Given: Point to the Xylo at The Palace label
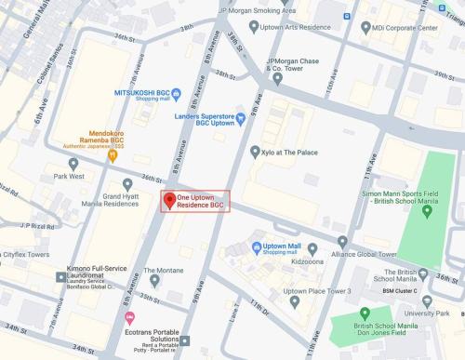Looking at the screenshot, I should click(291, 152).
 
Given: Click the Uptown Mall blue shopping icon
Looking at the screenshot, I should click(256, 247).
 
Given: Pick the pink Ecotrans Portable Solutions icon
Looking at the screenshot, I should click(129, 317).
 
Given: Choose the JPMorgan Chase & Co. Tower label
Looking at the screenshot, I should click(295, 66).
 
